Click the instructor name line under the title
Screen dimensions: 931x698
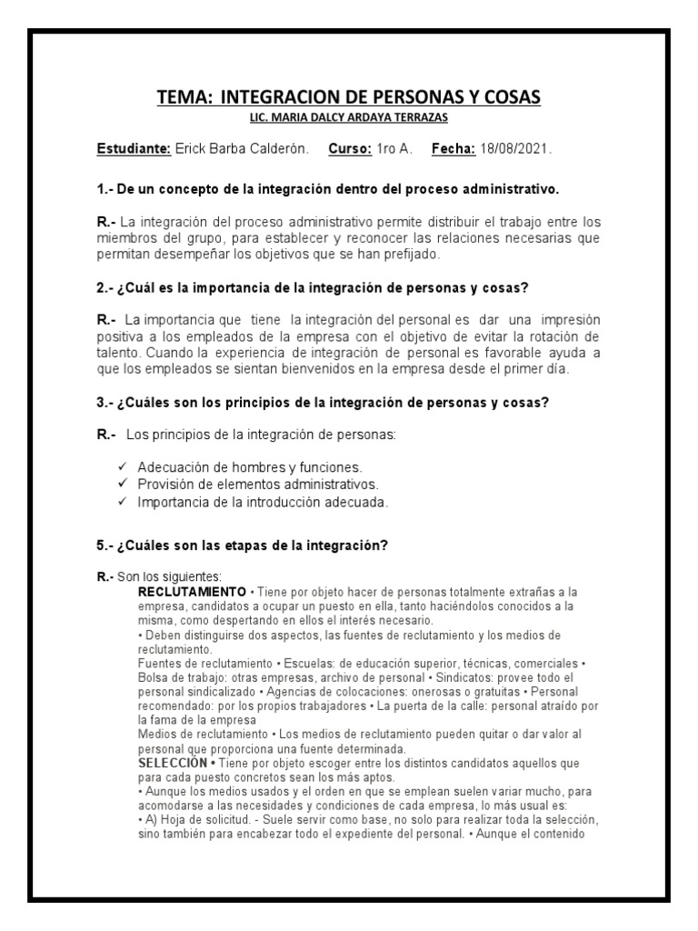pyautogui.click(x=349, y=118)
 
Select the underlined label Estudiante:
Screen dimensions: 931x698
pyautogui.click(x=133, y=148)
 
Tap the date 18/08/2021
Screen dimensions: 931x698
pyautogui.click(x=520, y=148)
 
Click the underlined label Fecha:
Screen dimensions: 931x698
pyautogui.click(x=454, y=148)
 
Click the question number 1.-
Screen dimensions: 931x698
pyautogui.click(x=105, y=190)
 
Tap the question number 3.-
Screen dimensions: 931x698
pyautogui.click(x=105, y=402)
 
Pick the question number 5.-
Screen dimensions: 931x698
pyautogui.click(x=105, y=546)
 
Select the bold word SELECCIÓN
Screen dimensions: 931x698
pyautogui.click(x=173, y=761)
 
